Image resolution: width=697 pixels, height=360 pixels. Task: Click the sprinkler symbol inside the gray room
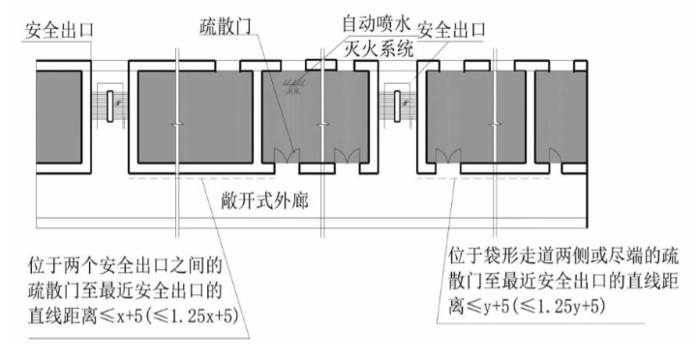pos(288,88)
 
